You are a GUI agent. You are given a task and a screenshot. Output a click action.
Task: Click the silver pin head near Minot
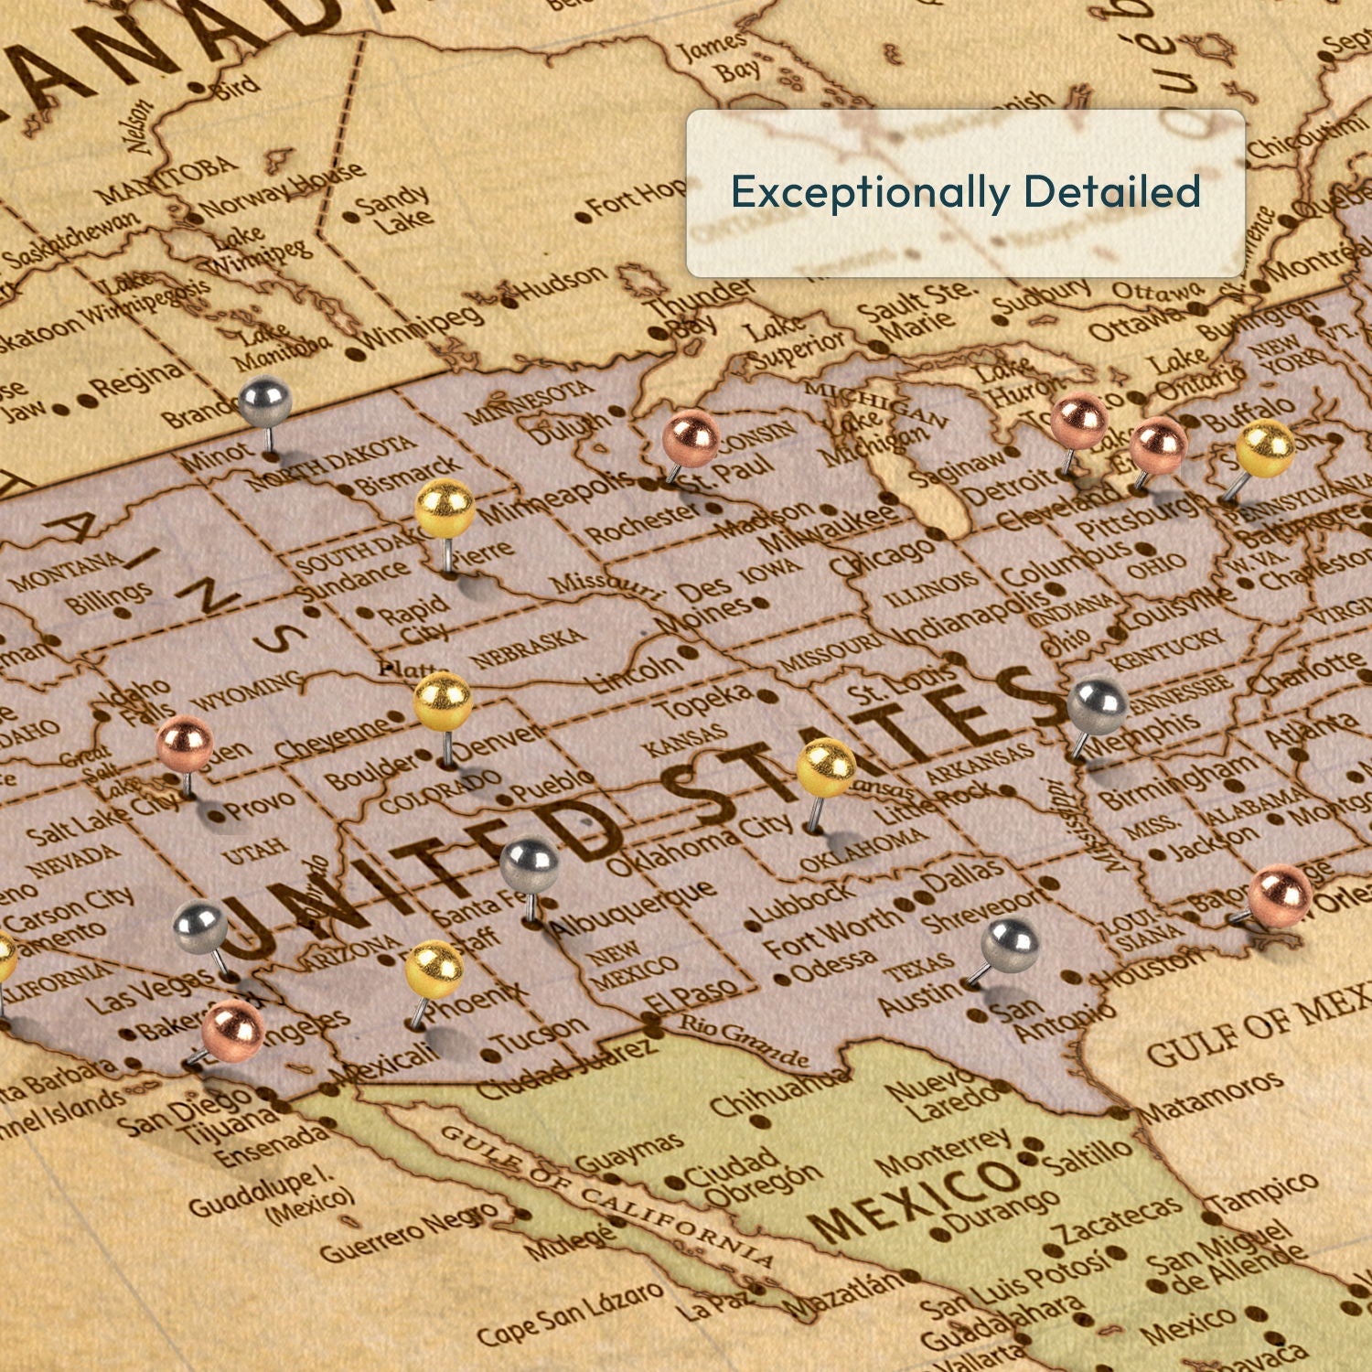coord(264,401)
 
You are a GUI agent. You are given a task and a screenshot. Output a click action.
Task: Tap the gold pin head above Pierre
coord(445,508)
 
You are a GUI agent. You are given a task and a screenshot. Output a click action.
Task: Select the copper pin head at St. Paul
coord(691,438)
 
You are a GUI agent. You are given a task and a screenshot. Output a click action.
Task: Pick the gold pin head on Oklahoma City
coord(826,767)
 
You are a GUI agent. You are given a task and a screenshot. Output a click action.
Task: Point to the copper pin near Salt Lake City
coord(184,743)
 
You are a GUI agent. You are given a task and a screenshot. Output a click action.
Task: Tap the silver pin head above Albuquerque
coord(530,865)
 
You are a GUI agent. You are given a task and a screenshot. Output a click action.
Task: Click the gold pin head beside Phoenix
coord(434,969)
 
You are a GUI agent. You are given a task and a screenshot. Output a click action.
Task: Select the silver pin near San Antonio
coord(1010,946)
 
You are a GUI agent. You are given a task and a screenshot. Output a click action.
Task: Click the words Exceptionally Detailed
coord(965,192)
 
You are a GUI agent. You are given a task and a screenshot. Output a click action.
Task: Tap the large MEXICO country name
coord(915,1198)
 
